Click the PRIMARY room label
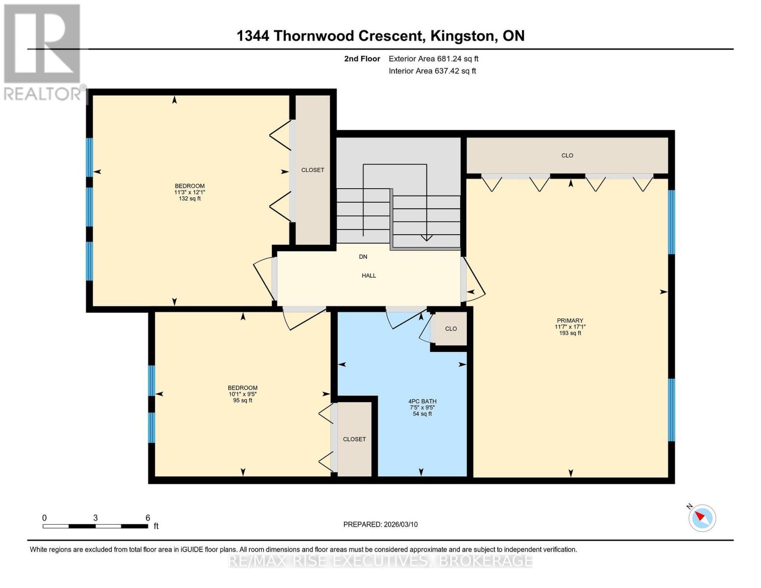click(570, 320)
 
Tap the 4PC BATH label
click(422, 401)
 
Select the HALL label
click(369, 275)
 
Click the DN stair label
click(363, 257)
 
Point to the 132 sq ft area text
click(190, 198)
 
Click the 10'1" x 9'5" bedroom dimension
click(243, 394)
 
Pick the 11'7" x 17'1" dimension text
click(570, 327)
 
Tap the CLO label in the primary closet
click(567, 155)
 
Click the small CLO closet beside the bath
click(451, 329)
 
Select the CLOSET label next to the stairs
click(313, 170)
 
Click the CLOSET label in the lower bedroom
click(354, 439)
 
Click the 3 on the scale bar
click(96, 518)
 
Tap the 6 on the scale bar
click(147, 518)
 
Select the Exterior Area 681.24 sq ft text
click(433, 59)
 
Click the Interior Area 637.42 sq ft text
click(432, 71)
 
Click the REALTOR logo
click(43, 51)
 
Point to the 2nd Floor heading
click(362, 59)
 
